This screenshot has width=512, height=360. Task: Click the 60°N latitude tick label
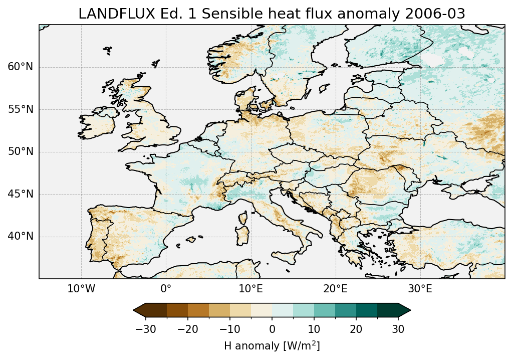coord(21,67)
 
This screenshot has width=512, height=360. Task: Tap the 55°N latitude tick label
coord(21,109)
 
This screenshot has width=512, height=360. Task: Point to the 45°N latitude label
coord(21,194)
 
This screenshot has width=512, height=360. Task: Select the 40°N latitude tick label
coord(21,236)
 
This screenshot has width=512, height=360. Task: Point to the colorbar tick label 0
coord(272,329)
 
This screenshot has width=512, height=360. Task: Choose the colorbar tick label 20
coord(356,329)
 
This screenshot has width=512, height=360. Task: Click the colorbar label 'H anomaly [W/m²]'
coord(272,345)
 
